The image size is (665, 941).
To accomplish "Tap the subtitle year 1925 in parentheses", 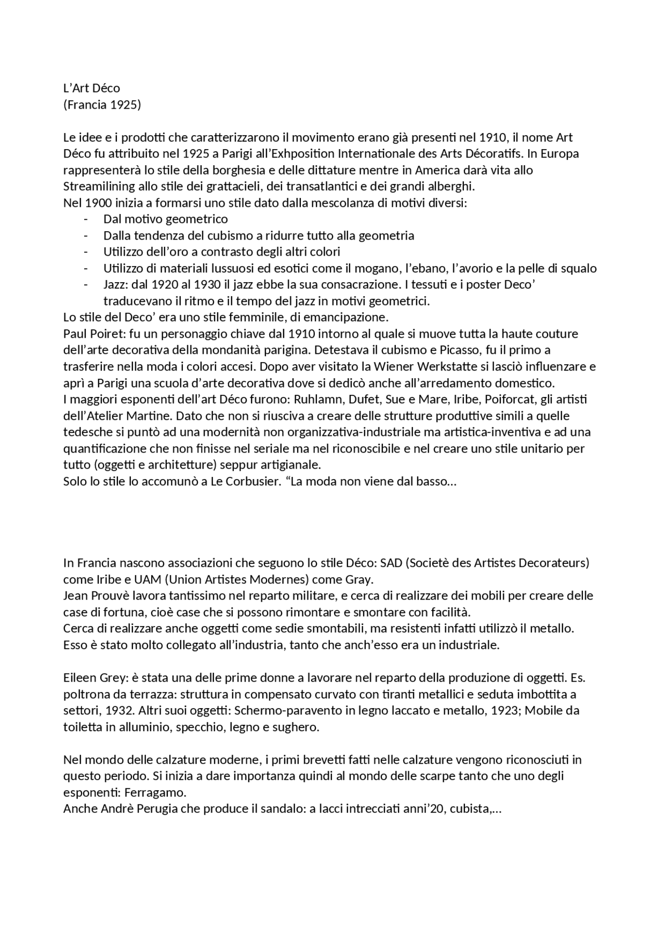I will coord(125,105).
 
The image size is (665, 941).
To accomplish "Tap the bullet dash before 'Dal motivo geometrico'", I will coord(86,219).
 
